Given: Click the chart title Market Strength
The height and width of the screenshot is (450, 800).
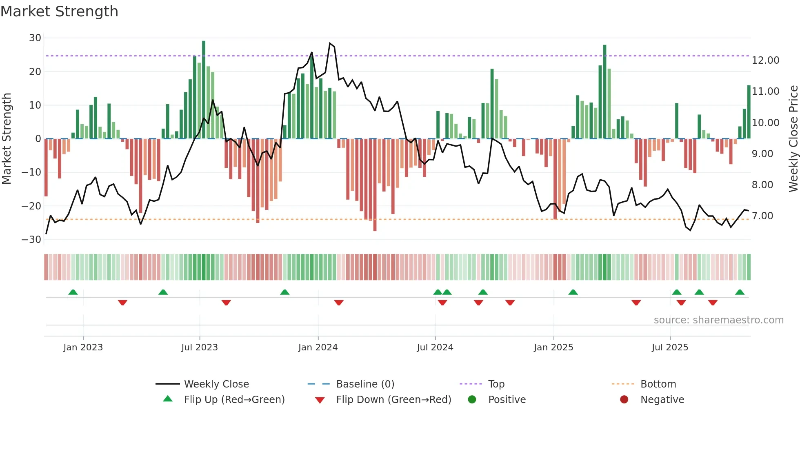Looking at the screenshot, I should point(59,11).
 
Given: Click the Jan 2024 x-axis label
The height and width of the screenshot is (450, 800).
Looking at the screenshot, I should point(318,348).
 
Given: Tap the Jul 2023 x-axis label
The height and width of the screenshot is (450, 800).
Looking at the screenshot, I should point(200,348).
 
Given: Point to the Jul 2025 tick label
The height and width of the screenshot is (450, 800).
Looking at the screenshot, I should point(670,348).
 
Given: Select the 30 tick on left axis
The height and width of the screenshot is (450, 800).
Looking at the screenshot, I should point(35,38).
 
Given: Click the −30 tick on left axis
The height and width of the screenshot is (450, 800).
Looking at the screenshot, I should point(31,240).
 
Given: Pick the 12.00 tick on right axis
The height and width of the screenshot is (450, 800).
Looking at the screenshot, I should point(765,60).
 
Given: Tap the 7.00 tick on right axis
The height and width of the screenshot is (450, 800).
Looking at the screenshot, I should point(762,216).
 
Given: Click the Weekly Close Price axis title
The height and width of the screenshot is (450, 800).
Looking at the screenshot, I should point(793,139).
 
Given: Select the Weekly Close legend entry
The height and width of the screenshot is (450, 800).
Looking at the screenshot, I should point(216,384).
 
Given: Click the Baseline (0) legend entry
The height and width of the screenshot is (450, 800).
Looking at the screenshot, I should point(365,384).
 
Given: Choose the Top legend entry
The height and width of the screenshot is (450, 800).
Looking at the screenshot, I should point(496,384).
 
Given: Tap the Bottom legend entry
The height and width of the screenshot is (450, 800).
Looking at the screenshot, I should point(658,384).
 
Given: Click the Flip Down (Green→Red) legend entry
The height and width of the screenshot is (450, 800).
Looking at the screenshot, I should point(393,400).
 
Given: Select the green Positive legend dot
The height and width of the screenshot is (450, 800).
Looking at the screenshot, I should point(472,400).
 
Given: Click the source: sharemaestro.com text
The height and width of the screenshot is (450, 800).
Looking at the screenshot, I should point(718,320).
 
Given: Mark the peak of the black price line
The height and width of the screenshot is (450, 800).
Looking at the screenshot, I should point(330,43).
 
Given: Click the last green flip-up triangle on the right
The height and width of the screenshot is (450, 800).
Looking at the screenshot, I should point(740,292).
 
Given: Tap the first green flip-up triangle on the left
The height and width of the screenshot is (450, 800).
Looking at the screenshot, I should point(73,292).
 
